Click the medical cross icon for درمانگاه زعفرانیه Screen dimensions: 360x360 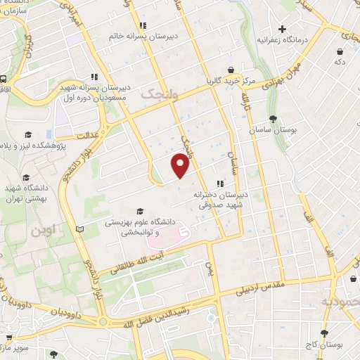282,30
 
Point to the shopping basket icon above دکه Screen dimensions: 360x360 340,51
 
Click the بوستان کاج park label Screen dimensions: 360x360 323,345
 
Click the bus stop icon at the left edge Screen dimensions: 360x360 4,79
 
